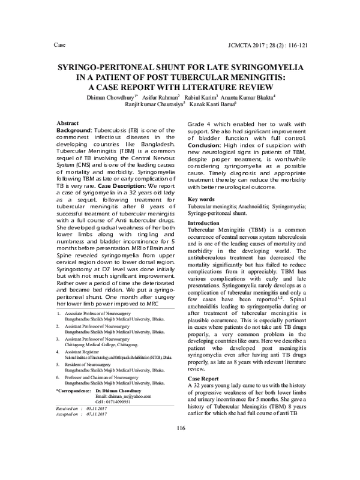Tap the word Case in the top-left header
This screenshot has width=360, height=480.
pyautogui.click(x=59, y=45)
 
